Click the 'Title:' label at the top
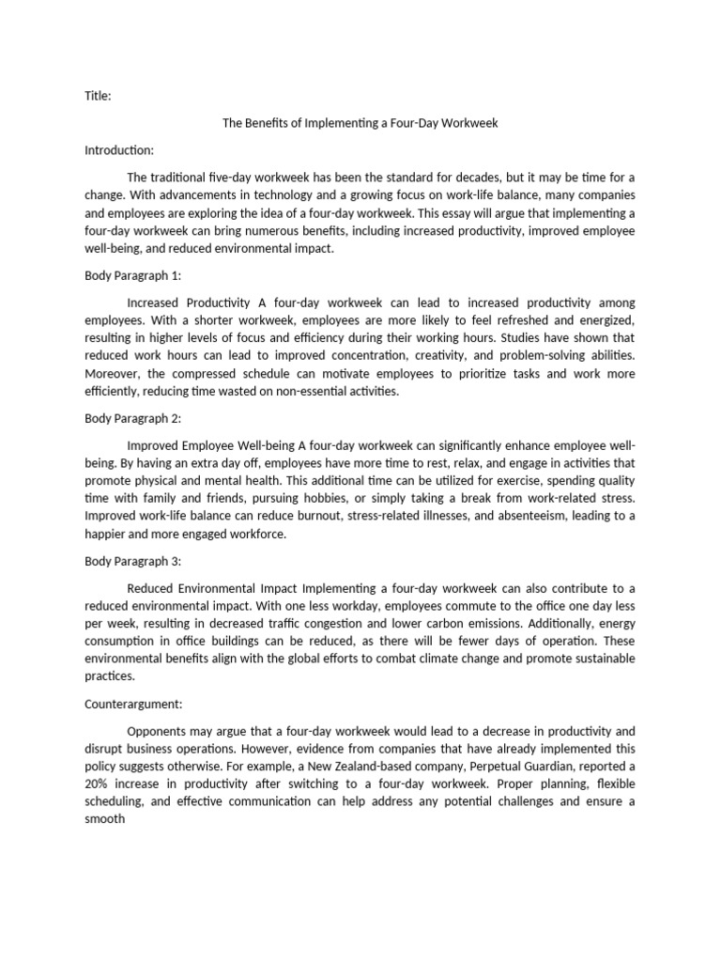[x=98, y=95]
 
